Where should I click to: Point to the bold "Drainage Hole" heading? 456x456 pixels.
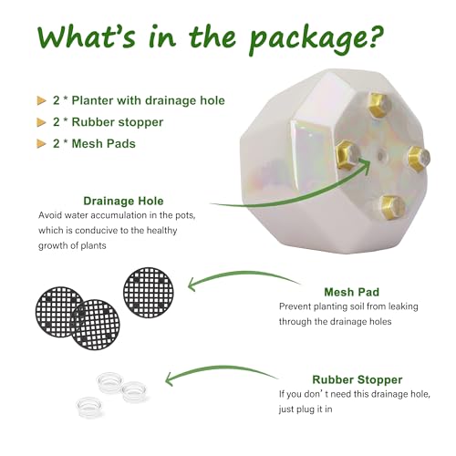tap(123, 201)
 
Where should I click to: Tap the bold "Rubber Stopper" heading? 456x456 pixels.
tap(356, 378)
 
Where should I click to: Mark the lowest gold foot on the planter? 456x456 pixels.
tap(389, 205)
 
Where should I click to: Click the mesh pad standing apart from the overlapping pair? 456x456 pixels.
tap(149, 292)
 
